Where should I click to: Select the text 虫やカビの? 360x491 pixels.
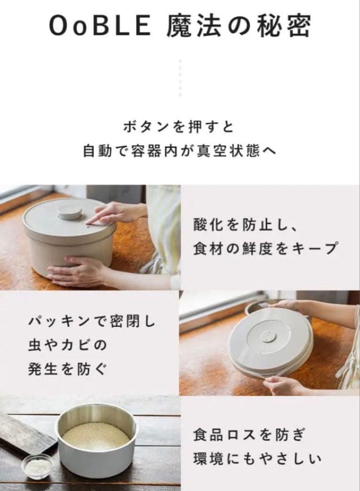coord(67,345)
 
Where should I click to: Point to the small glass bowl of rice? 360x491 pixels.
coord(37,466)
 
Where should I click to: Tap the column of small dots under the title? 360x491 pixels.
coord(180,77)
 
